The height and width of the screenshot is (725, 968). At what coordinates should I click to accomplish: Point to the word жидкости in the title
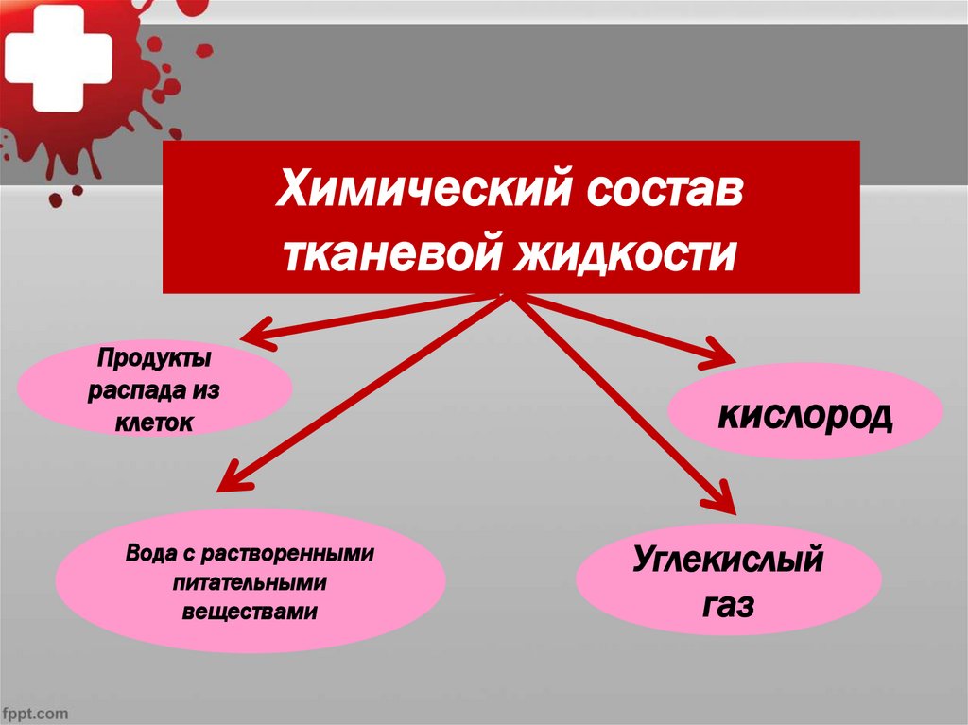[x=625, y=252]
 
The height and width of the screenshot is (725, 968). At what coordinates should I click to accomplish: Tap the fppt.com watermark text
[x=37, y=711]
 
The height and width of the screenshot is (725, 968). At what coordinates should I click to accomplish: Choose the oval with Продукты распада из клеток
[x=154, y=390]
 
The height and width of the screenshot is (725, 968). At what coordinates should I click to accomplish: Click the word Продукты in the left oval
[x=154, y=360]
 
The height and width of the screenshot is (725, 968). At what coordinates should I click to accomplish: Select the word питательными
[x=250, y=581]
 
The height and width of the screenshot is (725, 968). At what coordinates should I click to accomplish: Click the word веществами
[x=250, y=612]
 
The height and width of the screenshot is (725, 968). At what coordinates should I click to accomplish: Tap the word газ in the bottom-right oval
[x=728, y=605]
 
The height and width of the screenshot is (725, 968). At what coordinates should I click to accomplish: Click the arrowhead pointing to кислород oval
[x=722, y=355]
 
